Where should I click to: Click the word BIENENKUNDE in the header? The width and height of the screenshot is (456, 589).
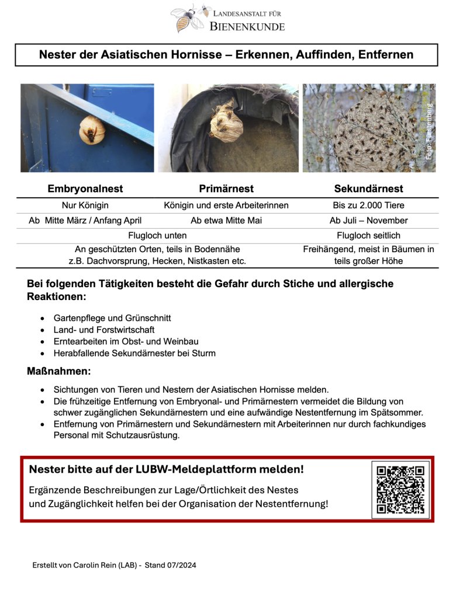[247, 26]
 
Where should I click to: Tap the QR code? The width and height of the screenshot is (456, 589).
[400, 489]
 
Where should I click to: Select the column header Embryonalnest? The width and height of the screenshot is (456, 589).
[85, 189]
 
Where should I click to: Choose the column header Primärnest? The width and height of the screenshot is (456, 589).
[226, 189]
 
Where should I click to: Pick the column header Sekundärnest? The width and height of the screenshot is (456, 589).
[368, 189]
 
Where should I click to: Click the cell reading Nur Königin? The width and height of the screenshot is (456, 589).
[85, 205]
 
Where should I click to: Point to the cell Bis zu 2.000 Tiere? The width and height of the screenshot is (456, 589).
[368, 205]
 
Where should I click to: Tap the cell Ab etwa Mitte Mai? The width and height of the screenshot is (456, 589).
[226, 221]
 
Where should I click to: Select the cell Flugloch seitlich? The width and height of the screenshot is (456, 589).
[368, 235]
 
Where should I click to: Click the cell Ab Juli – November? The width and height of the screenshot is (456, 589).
[368, 221]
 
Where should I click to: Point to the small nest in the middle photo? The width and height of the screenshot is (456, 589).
[224, 122]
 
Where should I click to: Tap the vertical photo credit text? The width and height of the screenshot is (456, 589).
[429, 131]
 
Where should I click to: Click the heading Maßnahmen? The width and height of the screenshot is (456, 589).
[58, 371]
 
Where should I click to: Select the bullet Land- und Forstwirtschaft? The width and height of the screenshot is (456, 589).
[103, 330]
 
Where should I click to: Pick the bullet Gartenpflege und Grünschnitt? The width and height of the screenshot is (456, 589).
[112, 318]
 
